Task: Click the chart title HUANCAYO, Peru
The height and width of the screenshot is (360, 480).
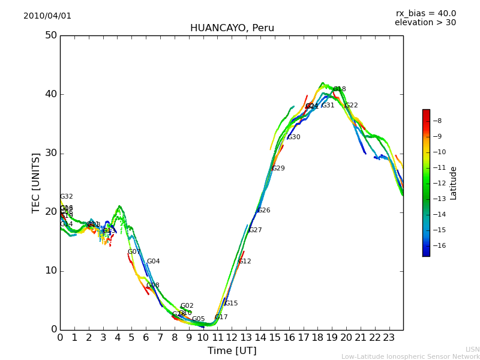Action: coord(232,28)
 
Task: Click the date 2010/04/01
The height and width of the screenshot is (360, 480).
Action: coord(47,16)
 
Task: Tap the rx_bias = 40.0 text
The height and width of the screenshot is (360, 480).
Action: coord(425,14)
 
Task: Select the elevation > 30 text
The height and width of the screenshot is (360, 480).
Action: coord(425,23)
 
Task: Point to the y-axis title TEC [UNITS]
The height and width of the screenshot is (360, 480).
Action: coord(36,182)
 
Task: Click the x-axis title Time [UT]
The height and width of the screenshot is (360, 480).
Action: coord(232,351)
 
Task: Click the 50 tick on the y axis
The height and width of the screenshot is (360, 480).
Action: coord(50,35)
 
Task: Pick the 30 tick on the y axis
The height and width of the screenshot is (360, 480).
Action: coord(50,153)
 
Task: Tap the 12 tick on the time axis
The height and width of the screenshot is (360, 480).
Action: coord(232,338)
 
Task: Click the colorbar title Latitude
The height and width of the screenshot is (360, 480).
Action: coord(454,183)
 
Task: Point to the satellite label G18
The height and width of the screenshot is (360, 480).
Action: coord(340,89)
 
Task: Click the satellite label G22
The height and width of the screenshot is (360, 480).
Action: coord(351,106)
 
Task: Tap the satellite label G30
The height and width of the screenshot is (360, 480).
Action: coord(294,137)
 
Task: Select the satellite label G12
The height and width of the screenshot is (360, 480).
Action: coord(245,262)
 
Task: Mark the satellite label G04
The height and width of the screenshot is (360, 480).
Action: coord(154,262)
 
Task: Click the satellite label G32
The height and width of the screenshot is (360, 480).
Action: coord(67,197)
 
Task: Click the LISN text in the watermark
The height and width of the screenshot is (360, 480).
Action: coord(472,349)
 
